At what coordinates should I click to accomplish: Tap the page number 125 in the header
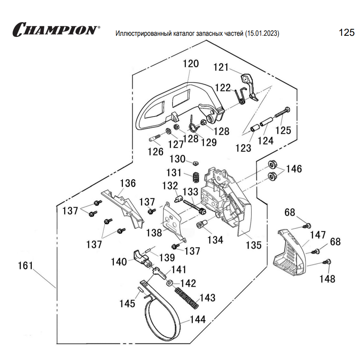tap(346, 32)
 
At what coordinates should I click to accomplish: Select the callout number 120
tap(191, 63)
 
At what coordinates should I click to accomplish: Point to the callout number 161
tap(26, 266)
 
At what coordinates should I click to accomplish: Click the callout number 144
tap(198, 319)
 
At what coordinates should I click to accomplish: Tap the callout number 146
tap(294, 169)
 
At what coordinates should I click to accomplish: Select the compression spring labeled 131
tap(197, 177)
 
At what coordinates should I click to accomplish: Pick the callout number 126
tap(155, 151)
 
